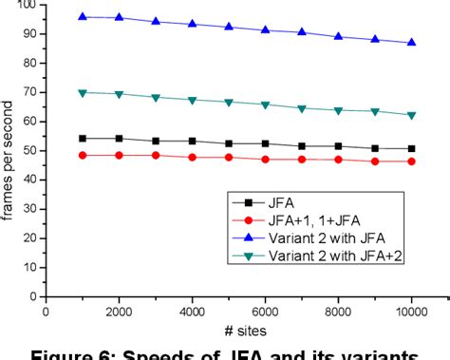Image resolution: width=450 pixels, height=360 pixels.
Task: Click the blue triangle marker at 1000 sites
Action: [x=83, y=16]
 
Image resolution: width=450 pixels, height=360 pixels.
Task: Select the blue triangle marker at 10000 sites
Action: [x=410, y=43]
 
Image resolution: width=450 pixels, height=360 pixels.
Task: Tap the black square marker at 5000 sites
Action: [x=228, y=143]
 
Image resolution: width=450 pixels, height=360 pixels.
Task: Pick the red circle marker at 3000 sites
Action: [x=156, y=155]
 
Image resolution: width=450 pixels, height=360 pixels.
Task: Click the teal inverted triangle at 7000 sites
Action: [x=301, y=108]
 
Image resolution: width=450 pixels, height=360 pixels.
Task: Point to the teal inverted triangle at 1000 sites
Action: [x=83, y=93]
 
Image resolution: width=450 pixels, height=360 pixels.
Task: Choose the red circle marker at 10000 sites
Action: [x=410, y=161]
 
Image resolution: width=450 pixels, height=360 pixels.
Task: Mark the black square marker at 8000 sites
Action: [x=337, y=146]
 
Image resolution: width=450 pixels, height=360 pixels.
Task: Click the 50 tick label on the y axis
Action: [x=29, y=150]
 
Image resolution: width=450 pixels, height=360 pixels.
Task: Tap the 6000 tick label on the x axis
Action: [x=265, y=310]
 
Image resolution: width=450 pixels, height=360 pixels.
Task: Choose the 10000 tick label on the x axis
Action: [x=410, y=310]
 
